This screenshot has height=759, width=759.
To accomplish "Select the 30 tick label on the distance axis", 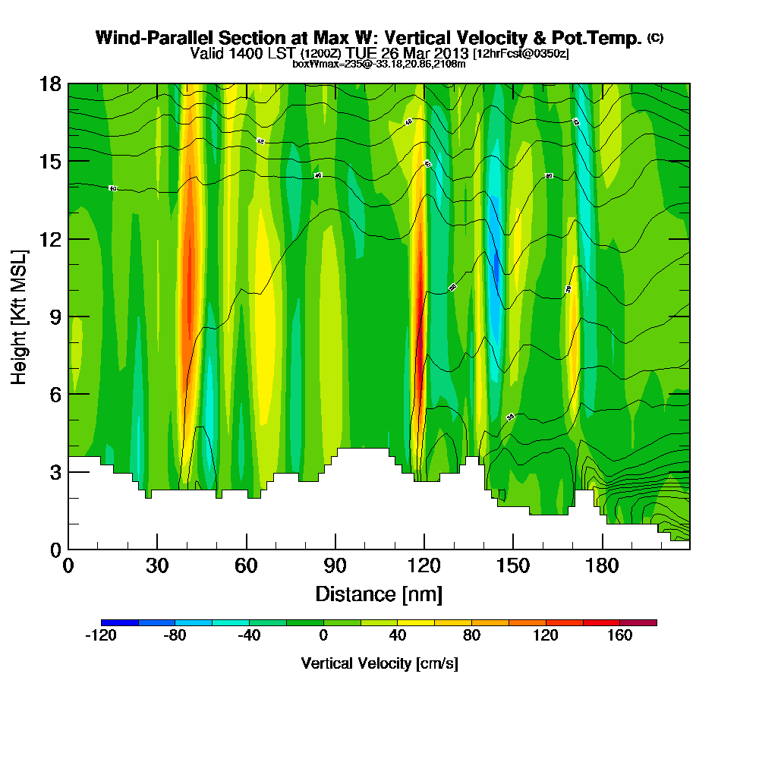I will (x=157, y=566).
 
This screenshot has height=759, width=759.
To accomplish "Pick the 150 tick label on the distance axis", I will (x=513, y=566).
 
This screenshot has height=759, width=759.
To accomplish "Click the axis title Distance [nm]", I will (x=379, y=594).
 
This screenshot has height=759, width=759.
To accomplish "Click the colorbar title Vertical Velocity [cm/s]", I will (x=379, y=663).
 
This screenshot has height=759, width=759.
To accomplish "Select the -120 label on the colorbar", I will (x=101, y=636).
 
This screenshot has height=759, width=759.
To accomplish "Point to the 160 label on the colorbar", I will (x=619, y=636).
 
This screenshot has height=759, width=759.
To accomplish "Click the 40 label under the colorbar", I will (x=397, y=636).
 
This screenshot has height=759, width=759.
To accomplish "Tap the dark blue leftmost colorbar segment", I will (x=119, y=622).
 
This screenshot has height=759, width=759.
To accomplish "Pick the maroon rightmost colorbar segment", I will (x=638, y=622).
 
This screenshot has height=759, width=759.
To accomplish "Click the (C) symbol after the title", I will (x=655, y=38).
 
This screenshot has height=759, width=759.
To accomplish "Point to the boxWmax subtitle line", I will (x=379, y=64).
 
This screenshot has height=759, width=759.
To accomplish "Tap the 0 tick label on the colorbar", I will (x=323, y=636).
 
